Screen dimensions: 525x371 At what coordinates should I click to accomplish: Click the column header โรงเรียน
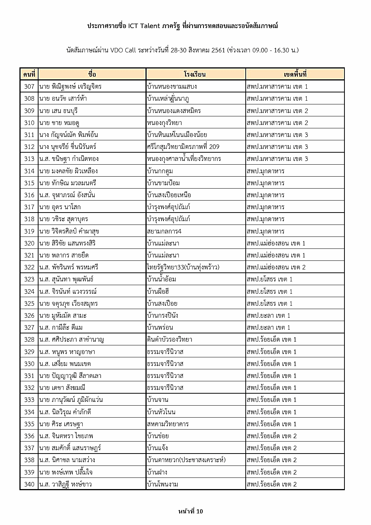(x=195, y=74)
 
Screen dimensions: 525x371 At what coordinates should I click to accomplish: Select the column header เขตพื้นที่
(x=295, y=74)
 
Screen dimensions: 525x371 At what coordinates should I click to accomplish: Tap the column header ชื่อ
(x=92, y=74)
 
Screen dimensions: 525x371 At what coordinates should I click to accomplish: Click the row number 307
(x=29, y=86)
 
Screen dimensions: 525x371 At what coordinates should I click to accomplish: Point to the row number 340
(x=29, y=484)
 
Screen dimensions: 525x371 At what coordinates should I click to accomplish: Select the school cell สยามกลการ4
(x=164, y=231)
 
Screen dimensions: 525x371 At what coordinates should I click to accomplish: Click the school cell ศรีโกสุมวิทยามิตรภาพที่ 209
(x=183, y=147)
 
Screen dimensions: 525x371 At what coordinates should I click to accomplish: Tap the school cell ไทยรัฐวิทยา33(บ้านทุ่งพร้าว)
(x=183, y=267)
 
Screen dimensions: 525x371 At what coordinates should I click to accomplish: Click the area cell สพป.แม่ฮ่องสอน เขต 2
(x=276, y=267)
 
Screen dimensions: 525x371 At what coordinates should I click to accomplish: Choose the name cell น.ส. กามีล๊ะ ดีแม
(x=61, y=327)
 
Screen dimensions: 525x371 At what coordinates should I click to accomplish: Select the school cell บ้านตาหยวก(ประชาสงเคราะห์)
(x=186, y=460)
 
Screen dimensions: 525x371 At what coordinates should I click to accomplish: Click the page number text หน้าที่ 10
(x=191, y=511)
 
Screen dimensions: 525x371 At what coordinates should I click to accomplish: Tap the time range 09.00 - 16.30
(x=268, y=50)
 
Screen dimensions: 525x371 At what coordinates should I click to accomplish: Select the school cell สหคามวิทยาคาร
(x=168, y=424)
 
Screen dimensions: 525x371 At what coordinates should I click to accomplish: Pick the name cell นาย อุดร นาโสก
(x=60, y=207)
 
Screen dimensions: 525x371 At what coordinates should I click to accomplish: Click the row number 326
(x=29, y=315)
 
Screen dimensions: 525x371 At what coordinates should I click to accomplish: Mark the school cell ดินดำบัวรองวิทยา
(x=169, y=339)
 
